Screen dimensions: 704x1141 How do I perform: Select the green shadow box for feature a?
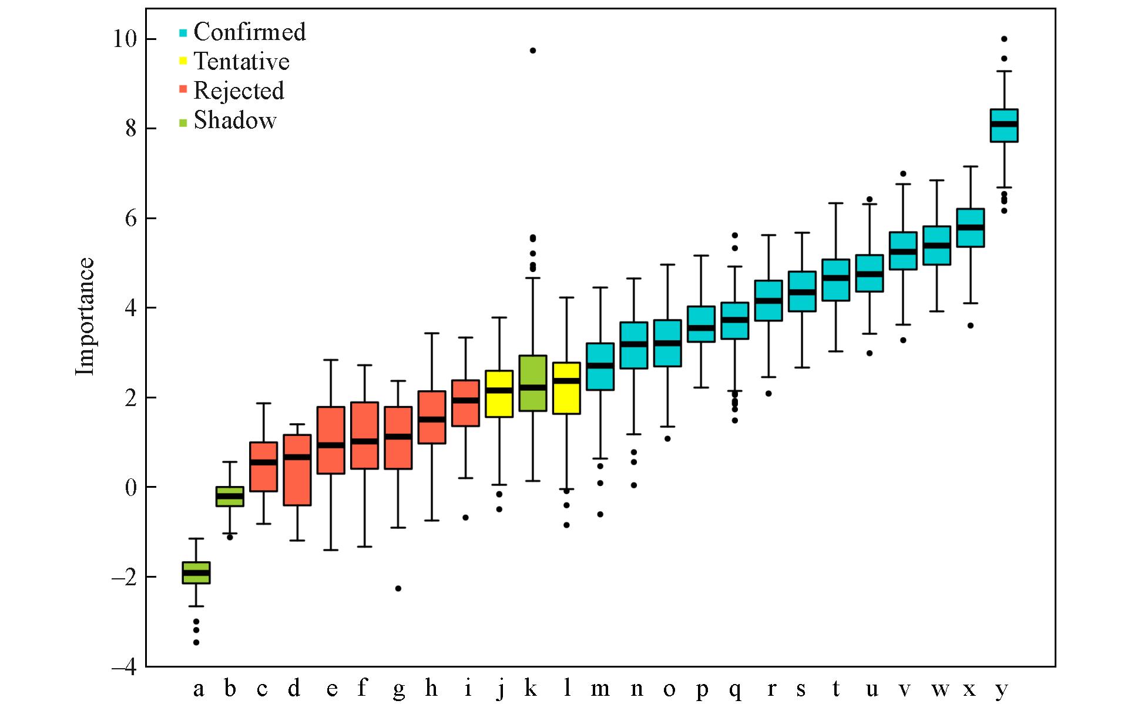[196, 572]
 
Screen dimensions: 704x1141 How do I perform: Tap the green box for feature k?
[533, 383]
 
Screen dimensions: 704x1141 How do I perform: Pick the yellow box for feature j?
[499, 394]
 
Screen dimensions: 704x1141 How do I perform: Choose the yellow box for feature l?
[566, 388]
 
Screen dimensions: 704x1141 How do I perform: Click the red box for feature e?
[331, 440]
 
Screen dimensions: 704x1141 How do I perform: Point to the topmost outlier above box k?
[533, 51]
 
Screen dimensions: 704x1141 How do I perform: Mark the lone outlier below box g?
[398, 588]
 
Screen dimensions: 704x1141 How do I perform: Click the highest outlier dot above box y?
[1004, 39]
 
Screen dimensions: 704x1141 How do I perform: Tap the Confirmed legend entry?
[250, 32]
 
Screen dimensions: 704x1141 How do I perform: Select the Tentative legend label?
[241, 61]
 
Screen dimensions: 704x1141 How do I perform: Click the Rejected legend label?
[239, 90]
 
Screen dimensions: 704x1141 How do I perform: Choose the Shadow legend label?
[235, 120]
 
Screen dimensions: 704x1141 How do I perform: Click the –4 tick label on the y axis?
[124, 666]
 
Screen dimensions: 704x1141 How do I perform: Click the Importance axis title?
[85, 316]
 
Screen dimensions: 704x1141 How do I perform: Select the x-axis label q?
[735, 689]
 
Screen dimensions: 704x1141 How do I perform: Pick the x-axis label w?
[939, 688]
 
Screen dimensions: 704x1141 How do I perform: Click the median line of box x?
[971, 227]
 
